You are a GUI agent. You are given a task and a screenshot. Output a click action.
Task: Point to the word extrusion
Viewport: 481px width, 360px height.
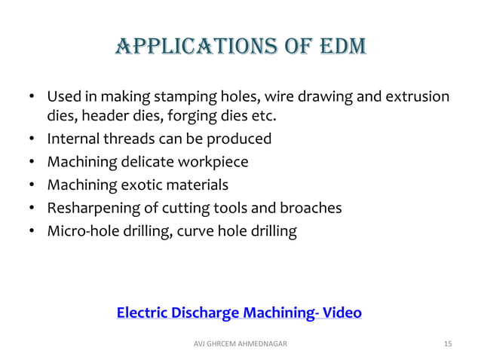click(421, 98)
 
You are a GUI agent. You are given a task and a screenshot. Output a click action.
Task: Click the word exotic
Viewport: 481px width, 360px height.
click(137, 185)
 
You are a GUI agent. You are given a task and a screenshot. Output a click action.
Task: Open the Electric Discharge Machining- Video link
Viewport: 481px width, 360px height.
click(239, 313)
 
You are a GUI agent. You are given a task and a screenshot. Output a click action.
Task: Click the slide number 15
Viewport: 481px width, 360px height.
click(448, 344)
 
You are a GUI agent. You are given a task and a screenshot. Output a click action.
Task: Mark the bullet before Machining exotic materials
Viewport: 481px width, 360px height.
click(32, 185)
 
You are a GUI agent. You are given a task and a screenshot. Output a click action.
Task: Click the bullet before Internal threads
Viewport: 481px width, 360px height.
click(32, 140)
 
